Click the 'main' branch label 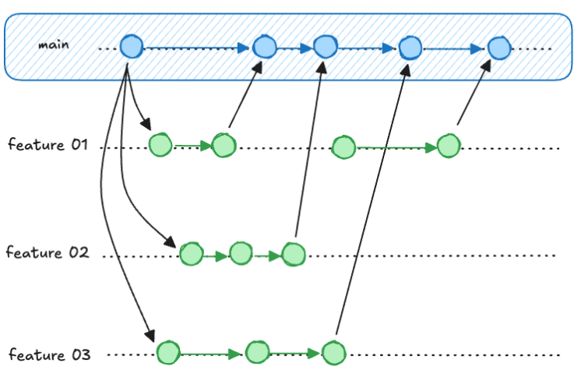pos(54,45)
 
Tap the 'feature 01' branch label pos(49,145)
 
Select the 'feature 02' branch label pos(48,253)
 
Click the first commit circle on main pos(131,48)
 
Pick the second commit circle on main pos(265,48)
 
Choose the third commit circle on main pos(326,48)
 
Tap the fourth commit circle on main pos(410,49)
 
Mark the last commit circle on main pos(499,49)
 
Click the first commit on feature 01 pos(160,145)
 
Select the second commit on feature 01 pos(224,146)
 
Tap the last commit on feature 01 pos(448,146)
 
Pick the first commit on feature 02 pos(191,253)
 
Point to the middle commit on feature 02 pos(241,253)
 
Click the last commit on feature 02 pos(294,254)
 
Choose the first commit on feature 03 pos(167,353)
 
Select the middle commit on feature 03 pos(257,353)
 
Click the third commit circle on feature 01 pos(343,146)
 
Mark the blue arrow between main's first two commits pos(198,48)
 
